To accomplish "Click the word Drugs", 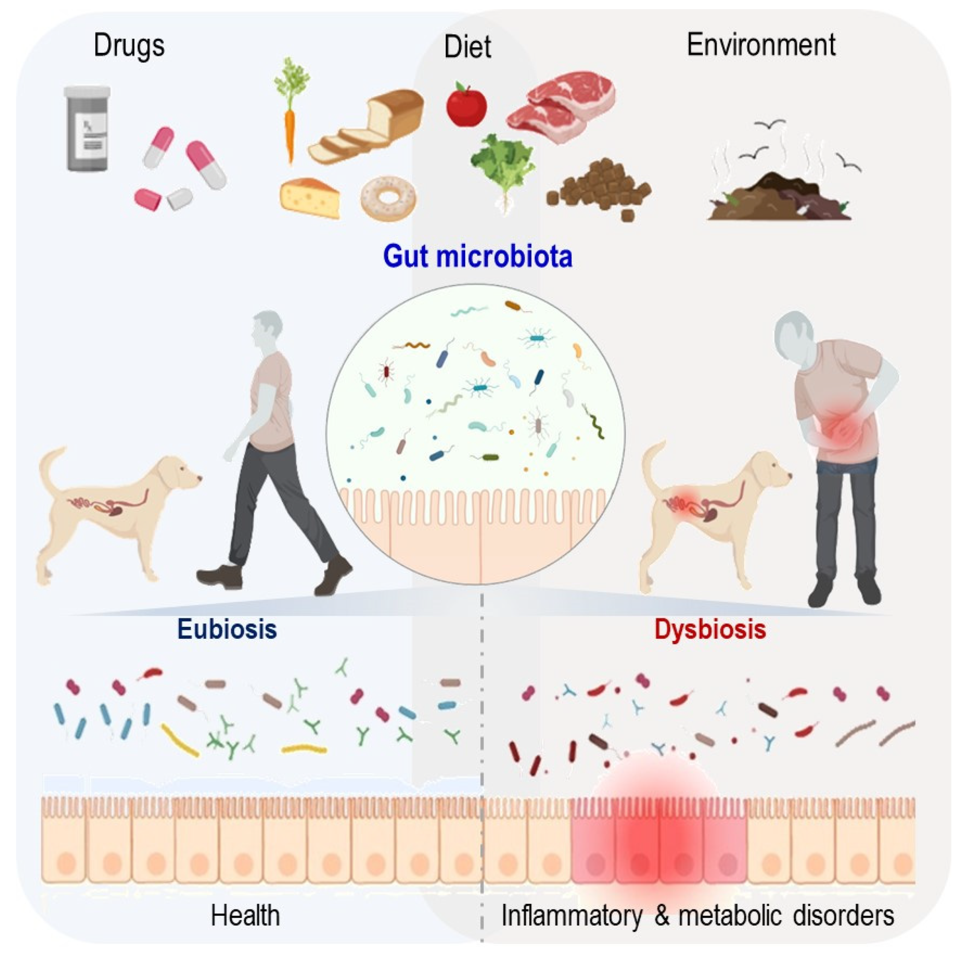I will coord(129,46).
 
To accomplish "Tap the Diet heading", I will coord(467,47).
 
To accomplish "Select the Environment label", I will coord(761,45).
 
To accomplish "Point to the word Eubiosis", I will coord(227,629).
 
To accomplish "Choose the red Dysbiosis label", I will coord(710,629).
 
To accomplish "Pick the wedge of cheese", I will coord(310,198).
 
